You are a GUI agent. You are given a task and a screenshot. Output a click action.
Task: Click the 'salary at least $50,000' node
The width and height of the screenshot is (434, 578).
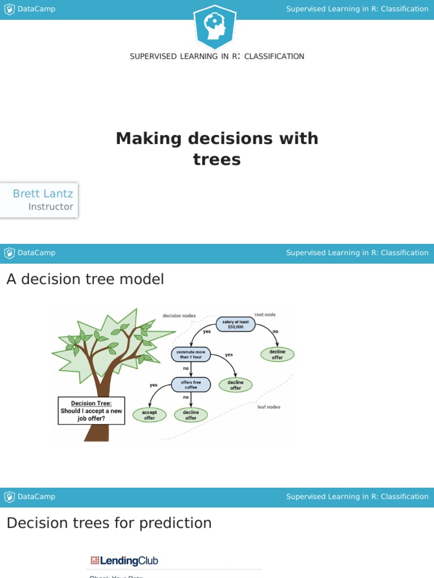point(236,324)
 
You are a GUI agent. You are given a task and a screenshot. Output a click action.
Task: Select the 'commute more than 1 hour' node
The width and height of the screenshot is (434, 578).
point(191,354)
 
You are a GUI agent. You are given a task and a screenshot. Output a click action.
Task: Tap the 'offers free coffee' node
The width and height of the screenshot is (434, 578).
point(191,385)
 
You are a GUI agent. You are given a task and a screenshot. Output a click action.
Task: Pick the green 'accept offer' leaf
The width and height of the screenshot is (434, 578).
point(149,415)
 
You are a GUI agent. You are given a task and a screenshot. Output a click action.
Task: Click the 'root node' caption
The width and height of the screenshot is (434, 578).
point(265,314)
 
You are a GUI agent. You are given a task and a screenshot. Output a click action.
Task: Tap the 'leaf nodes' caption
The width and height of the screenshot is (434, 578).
point(269,406)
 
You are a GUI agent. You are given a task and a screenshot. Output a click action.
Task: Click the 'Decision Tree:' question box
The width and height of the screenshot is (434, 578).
point(91,411)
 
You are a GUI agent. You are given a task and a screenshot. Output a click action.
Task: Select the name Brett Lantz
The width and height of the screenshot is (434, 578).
point(43,194)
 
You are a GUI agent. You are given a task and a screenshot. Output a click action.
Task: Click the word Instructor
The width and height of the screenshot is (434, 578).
point(51,207)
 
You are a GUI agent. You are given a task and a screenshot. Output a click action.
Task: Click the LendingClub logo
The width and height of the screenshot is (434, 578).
point(124,561)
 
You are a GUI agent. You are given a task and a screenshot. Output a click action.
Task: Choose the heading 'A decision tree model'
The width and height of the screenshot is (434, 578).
point(85,279)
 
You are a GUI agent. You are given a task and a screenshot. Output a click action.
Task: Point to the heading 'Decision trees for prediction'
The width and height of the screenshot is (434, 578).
point(109,523)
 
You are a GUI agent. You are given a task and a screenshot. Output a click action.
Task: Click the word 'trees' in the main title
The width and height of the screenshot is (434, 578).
point(217,160)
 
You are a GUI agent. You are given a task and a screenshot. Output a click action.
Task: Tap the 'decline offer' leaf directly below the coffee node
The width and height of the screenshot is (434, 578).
point(191,415)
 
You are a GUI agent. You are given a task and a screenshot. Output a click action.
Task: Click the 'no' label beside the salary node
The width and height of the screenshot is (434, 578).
point(275,331)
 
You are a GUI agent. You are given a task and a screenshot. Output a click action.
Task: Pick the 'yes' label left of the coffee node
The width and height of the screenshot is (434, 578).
point(154,385)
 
